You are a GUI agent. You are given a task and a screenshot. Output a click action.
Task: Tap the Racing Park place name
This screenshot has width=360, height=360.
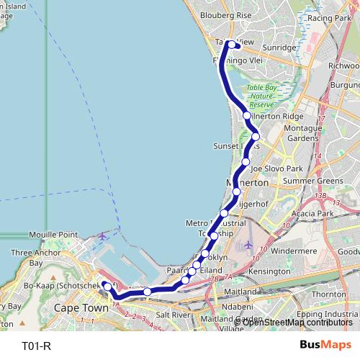[328, 17]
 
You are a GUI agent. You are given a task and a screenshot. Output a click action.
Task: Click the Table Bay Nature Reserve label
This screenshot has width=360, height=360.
[260, 96]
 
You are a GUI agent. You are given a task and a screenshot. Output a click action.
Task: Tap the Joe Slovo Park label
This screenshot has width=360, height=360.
[276, 168]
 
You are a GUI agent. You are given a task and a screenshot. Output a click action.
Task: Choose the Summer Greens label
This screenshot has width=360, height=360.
[313, 180]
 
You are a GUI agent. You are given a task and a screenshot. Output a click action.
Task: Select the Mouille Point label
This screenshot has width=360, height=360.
[53, 235]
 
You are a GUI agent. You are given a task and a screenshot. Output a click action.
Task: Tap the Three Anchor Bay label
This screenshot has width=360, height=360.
[32, 258]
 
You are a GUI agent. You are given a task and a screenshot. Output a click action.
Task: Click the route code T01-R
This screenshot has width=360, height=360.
[36, 346]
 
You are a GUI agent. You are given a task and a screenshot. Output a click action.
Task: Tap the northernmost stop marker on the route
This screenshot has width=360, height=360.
[232, 44]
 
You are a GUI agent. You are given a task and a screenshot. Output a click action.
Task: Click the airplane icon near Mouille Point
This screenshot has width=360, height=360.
[102, 235]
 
